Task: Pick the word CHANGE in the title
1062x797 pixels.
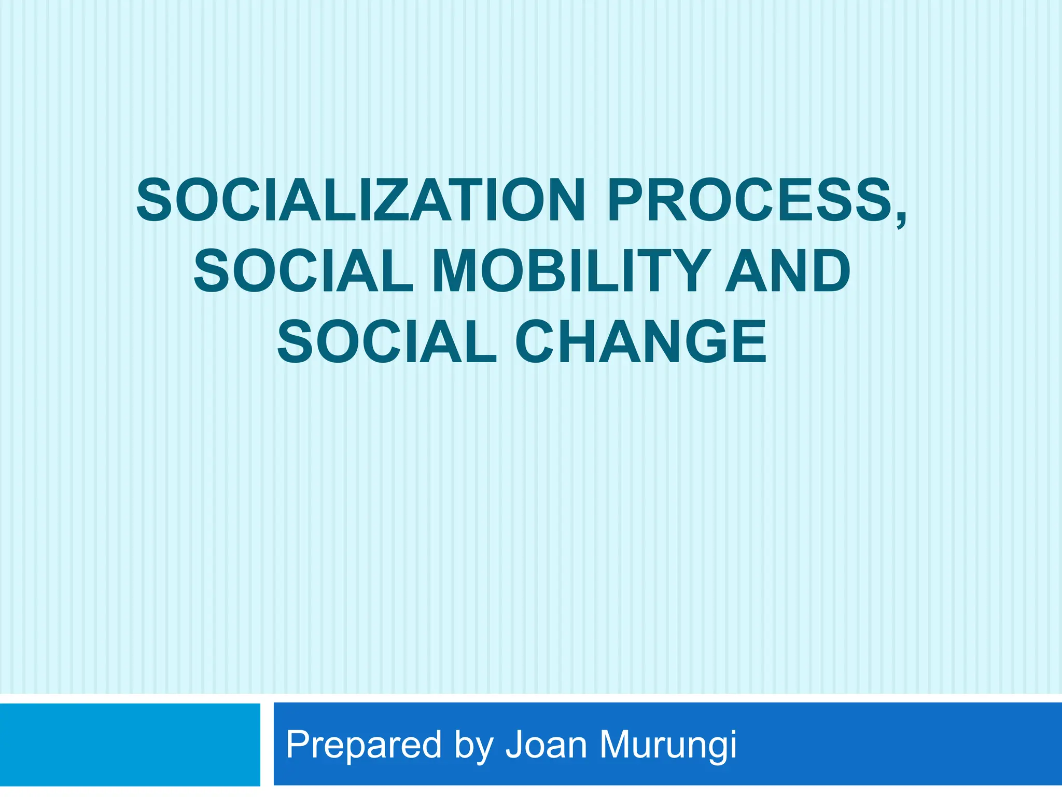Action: click(x=640, y=342)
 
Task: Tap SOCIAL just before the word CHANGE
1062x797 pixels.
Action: click(x=386, y=342)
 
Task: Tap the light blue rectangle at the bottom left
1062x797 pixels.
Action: click(x=130, y=745)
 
